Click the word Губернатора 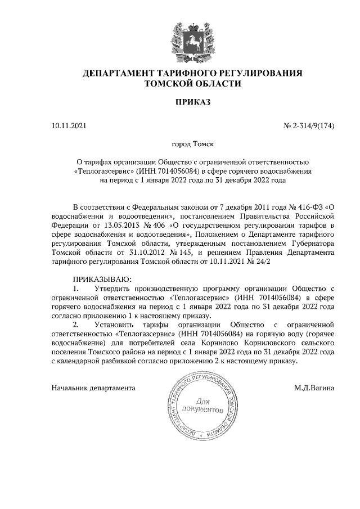click(310, 243)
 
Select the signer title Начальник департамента click(93, 388)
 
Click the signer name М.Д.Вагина click(314, 388)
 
